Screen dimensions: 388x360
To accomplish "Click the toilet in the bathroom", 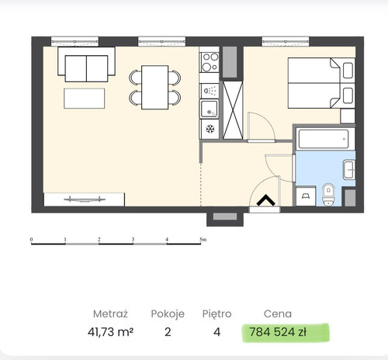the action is click(x=328, y=195).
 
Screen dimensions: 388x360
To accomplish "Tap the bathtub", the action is click(x=324, y=139).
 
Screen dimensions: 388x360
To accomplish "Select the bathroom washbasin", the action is click(x=349, y=170).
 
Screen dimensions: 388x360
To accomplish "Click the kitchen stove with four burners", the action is click(x=210, y=62).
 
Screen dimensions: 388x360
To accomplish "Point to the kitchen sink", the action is click(x=209, y=109).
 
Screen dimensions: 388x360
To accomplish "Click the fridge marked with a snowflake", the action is click(x=210, y=129).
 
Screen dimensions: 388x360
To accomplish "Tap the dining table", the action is click(x=155, y=88).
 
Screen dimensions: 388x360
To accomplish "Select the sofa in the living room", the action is click(x=86, y=64).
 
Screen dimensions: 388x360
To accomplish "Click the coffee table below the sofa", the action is click(x=85, y=99).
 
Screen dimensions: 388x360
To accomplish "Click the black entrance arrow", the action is click(x=265, y=200).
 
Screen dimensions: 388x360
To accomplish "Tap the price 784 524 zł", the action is click(x=278, y=332).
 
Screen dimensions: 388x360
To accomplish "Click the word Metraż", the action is click(x=110, y=313).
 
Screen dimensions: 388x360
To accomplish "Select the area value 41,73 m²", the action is click(x=110, y=332).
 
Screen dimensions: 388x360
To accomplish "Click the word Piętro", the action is click(x=217, y=314).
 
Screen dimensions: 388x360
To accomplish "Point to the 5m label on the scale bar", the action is click(x=203, y=240).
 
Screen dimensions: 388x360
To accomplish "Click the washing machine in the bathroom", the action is click(x=306, y=196).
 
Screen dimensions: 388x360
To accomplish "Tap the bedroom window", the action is click(x=286, y=41).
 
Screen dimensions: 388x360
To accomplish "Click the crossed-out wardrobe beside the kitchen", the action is click(x=233, y=110).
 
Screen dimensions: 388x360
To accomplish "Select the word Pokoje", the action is click(x=168, y=314).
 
